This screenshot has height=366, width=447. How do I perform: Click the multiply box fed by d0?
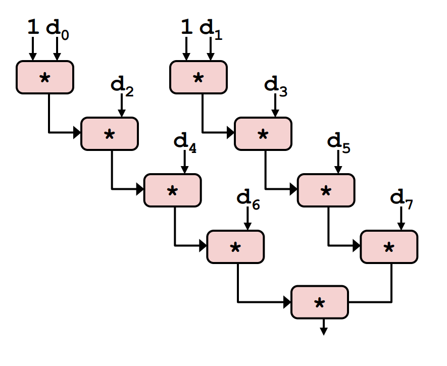coord(45,77)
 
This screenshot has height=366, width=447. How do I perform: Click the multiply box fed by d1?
coord(198,77)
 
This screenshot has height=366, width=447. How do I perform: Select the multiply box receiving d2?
coord(109,134)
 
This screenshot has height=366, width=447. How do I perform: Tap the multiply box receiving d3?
coord(263,134)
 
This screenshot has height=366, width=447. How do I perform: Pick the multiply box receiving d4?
coord(172,190)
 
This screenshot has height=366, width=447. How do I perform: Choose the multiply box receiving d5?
coord(326,190)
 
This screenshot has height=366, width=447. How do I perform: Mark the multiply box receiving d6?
coord(235,247)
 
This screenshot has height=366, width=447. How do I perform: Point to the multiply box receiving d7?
coord(389,247)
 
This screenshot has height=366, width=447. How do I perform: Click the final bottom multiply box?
coord(320,302)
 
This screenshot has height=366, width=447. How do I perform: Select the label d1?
coord(211,28)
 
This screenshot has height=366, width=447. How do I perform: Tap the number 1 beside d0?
coord(33,27)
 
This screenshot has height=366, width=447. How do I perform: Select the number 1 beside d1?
coord(186,27)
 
